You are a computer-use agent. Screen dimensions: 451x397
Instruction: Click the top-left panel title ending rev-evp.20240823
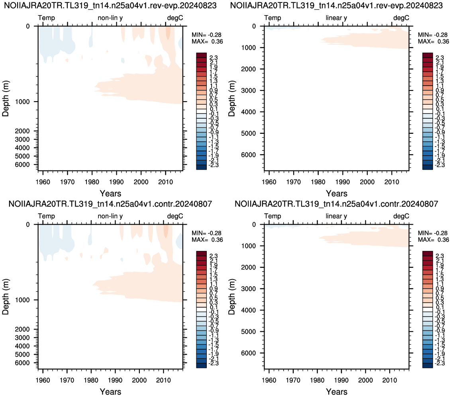[x=110, y=6]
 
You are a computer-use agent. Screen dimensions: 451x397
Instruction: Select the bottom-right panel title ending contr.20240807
[x=337, y=204]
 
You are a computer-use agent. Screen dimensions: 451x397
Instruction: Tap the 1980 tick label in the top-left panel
[x=92, y=182]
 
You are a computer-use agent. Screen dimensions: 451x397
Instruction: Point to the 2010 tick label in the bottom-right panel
[x=390, y=380]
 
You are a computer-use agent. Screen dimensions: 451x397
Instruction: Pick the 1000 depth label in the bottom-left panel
[x=22, y=300]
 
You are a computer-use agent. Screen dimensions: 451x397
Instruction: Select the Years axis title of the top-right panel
[x=337, y=194]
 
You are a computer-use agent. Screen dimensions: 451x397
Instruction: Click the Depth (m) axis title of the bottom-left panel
[x=6, y=297]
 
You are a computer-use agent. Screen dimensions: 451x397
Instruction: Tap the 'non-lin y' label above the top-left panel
[x=110, y=18]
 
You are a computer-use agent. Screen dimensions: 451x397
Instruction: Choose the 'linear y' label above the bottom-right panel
[x=336, y=216]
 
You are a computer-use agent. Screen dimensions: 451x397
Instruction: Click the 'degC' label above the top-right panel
[x=401, y=18]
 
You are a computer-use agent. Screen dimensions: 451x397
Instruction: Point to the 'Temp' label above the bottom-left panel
[x=46, y=216]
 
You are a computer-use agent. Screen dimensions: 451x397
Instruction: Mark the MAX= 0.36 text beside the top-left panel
[x=208, y=41]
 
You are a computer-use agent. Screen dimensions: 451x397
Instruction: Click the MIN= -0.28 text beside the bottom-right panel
[x=433, y=233]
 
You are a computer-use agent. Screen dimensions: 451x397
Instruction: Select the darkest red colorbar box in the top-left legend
[x=201, y=55]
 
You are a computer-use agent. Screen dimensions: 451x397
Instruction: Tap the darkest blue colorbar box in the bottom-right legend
[x=427, y=366]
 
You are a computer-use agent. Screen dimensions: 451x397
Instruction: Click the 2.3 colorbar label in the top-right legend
[x=440, y=58]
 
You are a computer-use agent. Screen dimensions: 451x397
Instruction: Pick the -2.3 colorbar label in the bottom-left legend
[x=214, y=363]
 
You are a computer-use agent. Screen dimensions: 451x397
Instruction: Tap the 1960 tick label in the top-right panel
[x=269, y=182]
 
